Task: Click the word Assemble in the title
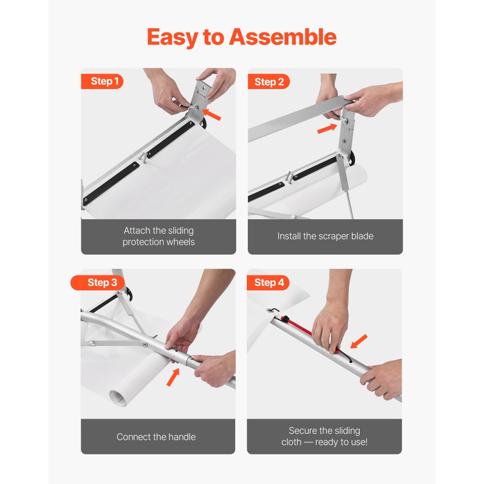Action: pyautogui.click(x=283, y=37)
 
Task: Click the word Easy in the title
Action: pyautogui.click(x=173, y=37)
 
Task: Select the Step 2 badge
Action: pyautogui.click(x=269, y=82)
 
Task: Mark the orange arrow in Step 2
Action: pyautogui.click(x=328, y=128)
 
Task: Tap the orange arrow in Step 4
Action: pyautogui.click(x=359, y=341)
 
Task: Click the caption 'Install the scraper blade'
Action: pyautogui.click(x=325, y=236)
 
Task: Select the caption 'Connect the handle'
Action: pyautogui.click(x=156, y=437)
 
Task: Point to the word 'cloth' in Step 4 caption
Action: pyautogui.click(x=291, y=442)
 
